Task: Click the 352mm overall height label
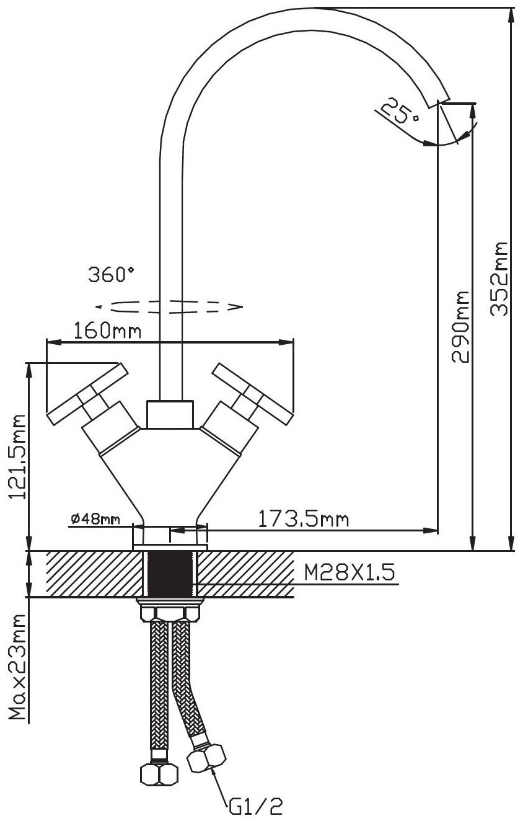click(499, 278)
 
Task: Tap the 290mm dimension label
click(460, 327)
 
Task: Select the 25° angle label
click(400, 111)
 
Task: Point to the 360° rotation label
click(111, 275)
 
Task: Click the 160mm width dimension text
click(107, 331)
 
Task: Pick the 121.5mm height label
click(17, 456)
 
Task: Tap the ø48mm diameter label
click(95, 519)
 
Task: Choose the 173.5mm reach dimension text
click(304, 519)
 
